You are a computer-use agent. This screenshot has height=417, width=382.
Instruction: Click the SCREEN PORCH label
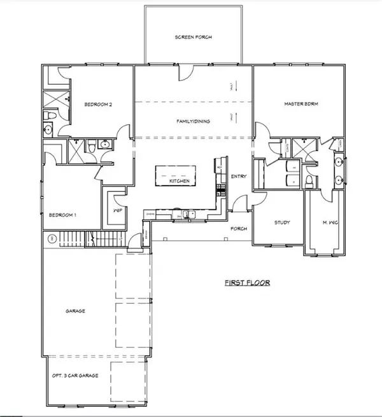(194, 38)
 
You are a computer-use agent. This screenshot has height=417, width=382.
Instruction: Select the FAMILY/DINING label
(194, 121)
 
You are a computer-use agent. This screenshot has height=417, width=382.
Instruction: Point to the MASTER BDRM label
(300, 103)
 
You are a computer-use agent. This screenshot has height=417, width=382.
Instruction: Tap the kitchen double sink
(185, 214)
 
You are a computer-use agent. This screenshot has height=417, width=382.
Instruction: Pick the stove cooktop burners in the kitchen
(222, 189)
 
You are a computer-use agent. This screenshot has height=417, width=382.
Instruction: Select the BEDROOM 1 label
(62, 215)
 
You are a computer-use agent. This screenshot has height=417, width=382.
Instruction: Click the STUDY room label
(282, 223)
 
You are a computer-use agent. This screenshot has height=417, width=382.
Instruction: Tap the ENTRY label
(239, 177)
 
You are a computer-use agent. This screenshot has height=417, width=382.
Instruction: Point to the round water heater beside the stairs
(50, 238)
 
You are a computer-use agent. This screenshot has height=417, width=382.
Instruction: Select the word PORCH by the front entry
(239, 228)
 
